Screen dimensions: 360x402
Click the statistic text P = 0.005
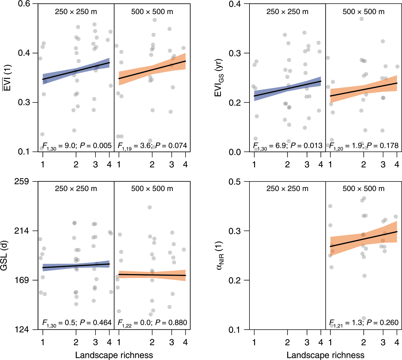pos(95,146)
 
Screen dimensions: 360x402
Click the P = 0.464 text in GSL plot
pos(95,323)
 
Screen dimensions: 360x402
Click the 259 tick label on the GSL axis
pos(22,182)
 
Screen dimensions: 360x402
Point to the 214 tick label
pos(22,231)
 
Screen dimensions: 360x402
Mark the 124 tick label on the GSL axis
pos(22,330)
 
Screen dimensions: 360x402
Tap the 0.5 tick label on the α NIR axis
pos(235,182)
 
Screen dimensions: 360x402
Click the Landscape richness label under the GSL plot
pos(114,355)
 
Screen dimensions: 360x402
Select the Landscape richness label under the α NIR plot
pos(325,355)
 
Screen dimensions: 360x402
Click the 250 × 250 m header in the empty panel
pos(287,189)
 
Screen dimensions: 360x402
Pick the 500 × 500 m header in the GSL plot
pos(152,189)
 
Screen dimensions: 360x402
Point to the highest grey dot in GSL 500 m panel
pos(150,207)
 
